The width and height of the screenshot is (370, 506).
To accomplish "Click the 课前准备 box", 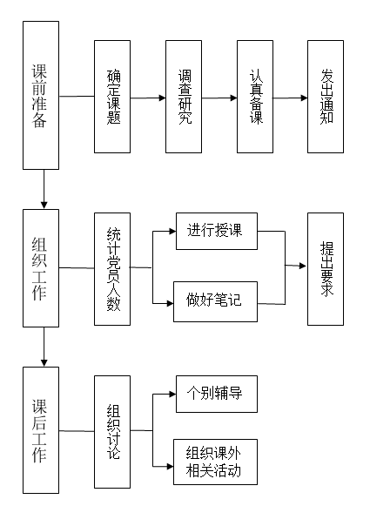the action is [x=41, y=95].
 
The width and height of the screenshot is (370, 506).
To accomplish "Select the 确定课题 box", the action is [x=112, y=97].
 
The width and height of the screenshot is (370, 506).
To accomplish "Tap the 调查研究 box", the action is [x=184, y=97].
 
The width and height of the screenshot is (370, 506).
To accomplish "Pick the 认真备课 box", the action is [x=255, y=97].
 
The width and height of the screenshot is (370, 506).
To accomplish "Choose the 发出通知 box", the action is [x=326, y=97].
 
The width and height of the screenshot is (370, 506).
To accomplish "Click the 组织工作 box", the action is [x=41, y=268].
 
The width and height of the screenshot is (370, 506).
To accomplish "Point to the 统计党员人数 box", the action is [x=112, y=269].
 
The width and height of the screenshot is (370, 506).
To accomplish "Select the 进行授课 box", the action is [x=217, y=231].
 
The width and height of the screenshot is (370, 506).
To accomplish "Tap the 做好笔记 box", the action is [x=216, y=301].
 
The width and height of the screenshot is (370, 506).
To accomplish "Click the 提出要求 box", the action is [x=326, y=269].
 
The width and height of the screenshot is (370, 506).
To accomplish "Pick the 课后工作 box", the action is [x=41, y=430].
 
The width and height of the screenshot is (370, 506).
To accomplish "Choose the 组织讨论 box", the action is [x=112, y=432].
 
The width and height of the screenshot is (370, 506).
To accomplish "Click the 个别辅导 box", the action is [x=217, y=394].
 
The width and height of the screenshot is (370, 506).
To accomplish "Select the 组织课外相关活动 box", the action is [x=216, y=462].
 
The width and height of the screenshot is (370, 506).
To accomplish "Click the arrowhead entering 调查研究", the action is [x=162, y=98].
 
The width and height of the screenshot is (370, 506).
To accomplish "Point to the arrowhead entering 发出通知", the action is [x=304, y=98].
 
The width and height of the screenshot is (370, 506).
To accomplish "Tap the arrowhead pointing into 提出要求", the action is [x=303, y=266].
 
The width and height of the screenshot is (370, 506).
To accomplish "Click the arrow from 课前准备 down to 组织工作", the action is [x=44, y=190].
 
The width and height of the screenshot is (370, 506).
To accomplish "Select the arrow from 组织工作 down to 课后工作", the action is [x=44, y=347].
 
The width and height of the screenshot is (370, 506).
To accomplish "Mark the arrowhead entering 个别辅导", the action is [x=172, y=394].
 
